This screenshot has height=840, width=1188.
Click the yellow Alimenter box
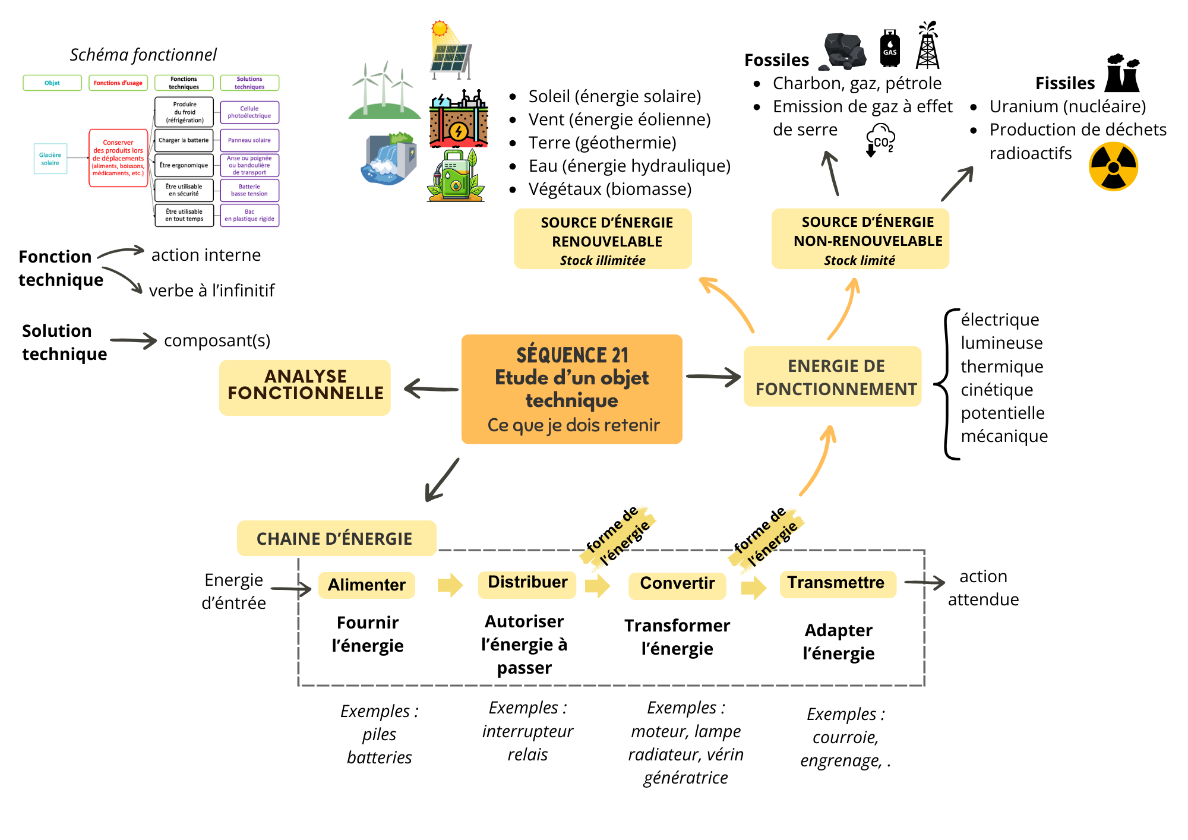(366, 585)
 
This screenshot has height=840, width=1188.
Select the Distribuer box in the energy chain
(527, 582)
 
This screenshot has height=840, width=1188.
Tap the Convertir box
(677, 583)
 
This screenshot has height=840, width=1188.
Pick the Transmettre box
(836, 583)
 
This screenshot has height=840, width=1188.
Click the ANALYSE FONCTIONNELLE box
(305, 386)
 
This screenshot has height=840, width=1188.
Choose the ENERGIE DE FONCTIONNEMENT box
(833, 377)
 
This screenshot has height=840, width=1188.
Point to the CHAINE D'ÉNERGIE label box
(336, 539)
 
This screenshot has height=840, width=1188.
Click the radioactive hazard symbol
(1113, 167)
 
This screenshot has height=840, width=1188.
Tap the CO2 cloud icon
(880, 140)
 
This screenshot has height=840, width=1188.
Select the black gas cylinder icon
(889, 48)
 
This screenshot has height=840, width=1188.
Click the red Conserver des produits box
(118, 158)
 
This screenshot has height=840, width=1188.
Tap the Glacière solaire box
(50, 159)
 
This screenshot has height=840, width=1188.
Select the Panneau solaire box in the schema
(249, 140)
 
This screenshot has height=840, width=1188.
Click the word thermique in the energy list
(1001, 367)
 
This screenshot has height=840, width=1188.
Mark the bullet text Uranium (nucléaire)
(1067, 106)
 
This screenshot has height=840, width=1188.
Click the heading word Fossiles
(776, 60)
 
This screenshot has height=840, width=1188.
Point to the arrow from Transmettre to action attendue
(924, 583)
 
